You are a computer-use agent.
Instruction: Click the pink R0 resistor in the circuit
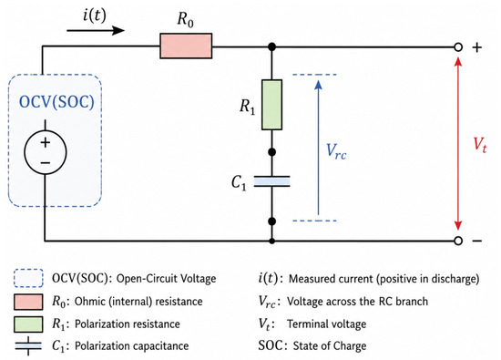pos(186,46)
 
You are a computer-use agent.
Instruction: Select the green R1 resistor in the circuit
pos(271,105)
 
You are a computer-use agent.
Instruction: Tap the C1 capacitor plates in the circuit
pos(272,181)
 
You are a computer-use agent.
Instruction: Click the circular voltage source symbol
pos(46,152)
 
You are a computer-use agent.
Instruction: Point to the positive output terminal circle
pos(458,47)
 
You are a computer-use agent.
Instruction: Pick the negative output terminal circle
pos(458,241)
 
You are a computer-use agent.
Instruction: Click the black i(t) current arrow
pos(96,31)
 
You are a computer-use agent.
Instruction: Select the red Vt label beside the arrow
pos(479,145)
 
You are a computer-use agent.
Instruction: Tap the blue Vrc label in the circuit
pos(336,151)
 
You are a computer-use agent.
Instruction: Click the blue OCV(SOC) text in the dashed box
pos(56,102)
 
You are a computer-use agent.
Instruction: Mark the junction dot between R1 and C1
pos(272,152)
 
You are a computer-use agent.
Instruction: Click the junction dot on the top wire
pos(272,47)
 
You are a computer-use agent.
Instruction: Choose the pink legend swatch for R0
pos(28,302)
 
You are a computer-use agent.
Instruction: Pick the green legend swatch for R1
pos(28,324)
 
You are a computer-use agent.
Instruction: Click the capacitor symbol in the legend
pos(28,346)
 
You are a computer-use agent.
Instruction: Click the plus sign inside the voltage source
pos(46,142)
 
